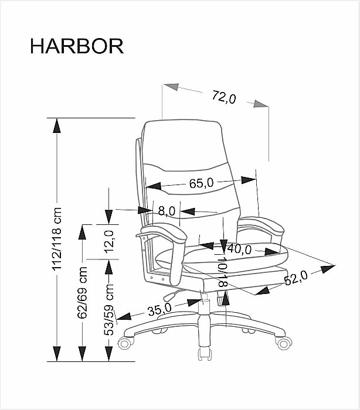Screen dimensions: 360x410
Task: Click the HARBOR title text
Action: click(x=77, y=46)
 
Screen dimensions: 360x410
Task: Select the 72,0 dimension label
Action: click(x=224, y=97)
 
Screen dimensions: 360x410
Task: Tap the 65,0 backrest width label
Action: click(x=202, y=183)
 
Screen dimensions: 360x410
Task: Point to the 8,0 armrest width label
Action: click(x=167, y=211)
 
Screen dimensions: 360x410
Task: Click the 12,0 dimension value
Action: click(x=109, y=242)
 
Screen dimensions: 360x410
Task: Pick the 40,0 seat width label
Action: click(x=239, y=249)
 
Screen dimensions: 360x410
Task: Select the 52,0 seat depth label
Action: click(x=296, y=278)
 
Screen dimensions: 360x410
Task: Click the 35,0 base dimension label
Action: click(x=159, y=310)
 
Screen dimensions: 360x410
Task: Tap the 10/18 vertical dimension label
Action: click(x=222, y=272)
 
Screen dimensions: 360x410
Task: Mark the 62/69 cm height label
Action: click(x=83, y=292)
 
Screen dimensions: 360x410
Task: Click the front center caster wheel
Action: click(x=205, y=354)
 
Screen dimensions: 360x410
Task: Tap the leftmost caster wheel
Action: click(x=126, y=343)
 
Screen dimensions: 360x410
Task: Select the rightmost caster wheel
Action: click(x=284, y=343)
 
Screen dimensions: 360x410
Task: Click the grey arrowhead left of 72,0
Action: click(x=171, y=87)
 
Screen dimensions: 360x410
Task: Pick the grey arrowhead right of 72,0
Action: click(x=261, y=104)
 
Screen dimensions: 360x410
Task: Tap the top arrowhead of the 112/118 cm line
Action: click(x=56, y=126)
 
